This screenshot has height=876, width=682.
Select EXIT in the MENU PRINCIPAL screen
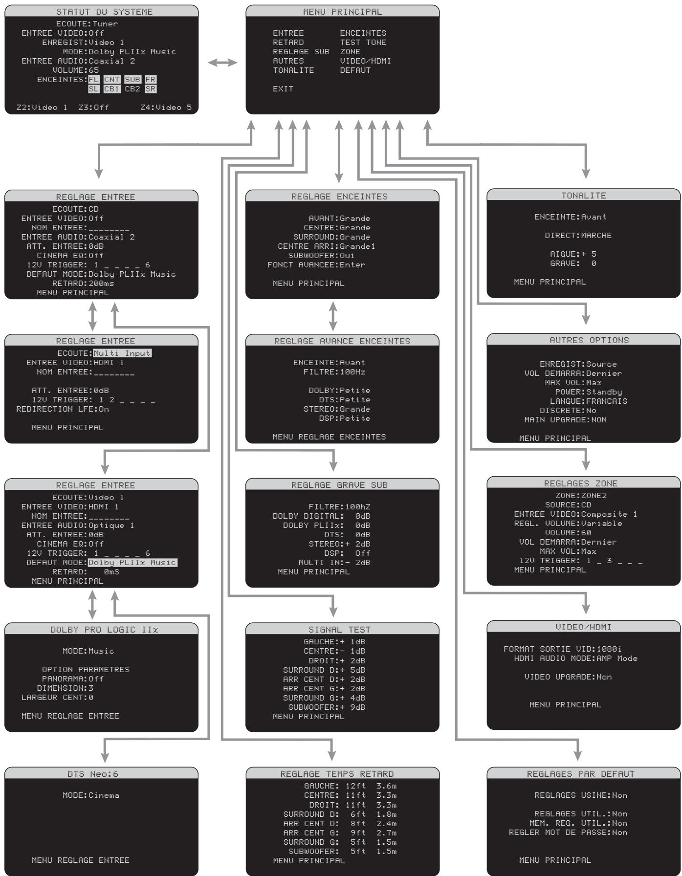[x=283, y=89]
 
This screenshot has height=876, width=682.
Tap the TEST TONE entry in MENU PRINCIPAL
[x=363, y=43]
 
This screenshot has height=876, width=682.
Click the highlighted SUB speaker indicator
[x=132, y=80]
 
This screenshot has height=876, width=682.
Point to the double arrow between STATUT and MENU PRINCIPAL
[x=222, y=63]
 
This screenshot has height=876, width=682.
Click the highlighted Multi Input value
[x=122, y=353]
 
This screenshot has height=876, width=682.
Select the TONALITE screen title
[x=583, y=196]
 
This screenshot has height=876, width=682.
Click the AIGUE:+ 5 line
[x=572, y=254]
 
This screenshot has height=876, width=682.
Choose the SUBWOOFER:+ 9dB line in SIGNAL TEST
[x=327, y=707]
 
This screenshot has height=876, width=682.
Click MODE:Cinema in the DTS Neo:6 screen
[x=91, y=795]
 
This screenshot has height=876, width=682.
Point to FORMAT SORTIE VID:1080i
[x=562, y=649]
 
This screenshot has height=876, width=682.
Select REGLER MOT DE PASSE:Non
[x=568, y=832]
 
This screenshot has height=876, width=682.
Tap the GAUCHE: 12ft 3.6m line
[x=350, y=786]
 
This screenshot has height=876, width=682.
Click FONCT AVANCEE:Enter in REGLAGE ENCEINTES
[x=316, y=265]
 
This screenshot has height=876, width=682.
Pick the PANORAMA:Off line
[x=72, y=679]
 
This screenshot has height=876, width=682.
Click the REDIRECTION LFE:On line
[x=63, y=409]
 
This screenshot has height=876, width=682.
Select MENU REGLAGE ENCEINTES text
[x=329, y=437]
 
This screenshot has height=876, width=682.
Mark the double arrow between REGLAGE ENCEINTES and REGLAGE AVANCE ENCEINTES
[x=333, y=316]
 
